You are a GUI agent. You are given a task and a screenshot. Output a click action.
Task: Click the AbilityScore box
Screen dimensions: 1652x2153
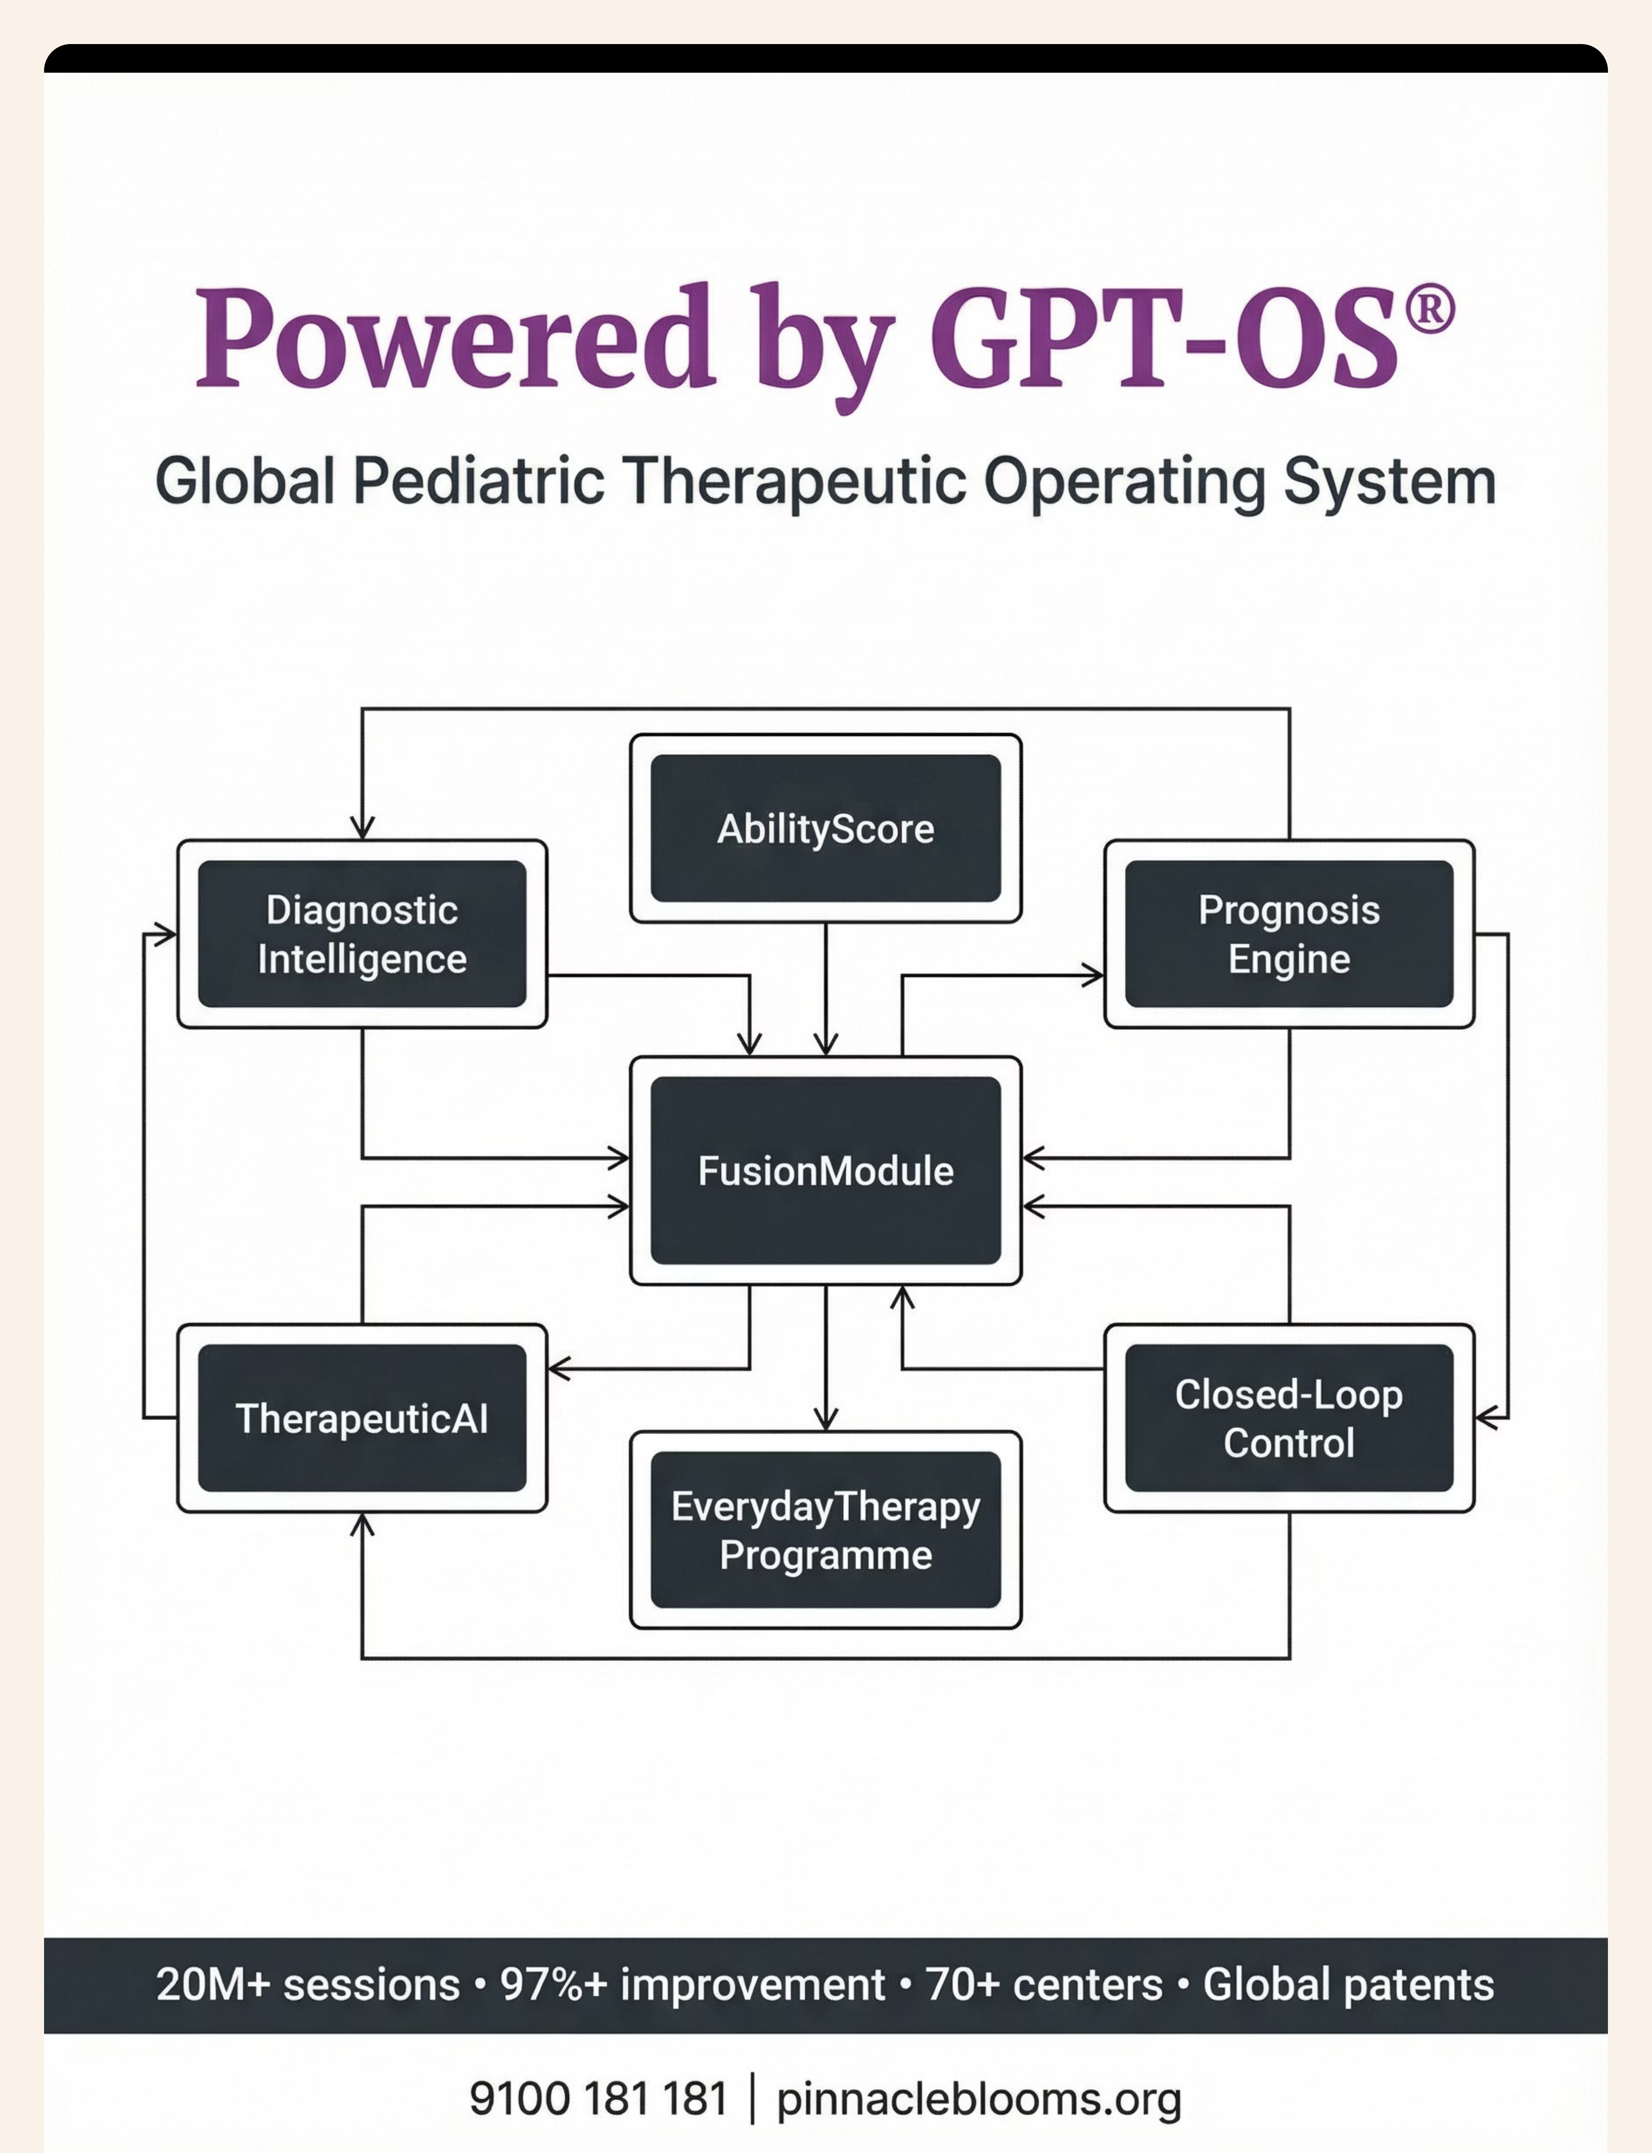826,828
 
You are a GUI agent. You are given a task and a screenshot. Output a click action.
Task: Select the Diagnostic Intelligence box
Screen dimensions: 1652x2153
362,934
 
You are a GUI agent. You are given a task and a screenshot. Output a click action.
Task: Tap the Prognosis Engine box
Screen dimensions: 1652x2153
1289,934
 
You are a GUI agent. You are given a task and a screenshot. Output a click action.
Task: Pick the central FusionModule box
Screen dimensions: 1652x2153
826,1170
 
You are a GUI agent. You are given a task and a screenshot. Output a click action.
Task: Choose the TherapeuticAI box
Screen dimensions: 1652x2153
362,1418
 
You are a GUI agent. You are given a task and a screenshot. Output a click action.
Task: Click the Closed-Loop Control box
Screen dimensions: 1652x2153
1289,1418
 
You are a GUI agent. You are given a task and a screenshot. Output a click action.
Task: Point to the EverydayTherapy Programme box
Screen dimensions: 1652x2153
826,1530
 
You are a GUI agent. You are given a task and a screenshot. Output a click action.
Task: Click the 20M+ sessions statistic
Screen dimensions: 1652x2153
308,1984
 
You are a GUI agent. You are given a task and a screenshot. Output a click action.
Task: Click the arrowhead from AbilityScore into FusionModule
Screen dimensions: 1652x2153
826,1044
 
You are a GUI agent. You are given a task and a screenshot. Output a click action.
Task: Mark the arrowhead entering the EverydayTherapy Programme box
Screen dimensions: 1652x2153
826,1419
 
